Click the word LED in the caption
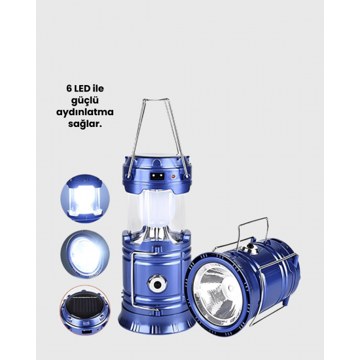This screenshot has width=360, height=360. coord(82,88)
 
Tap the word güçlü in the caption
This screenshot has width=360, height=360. coord(85,101)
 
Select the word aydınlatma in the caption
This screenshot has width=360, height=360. coord(85,113)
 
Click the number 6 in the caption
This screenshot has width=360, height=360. coord(69,88)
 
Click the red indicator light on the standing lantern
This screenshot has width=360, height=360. coord(173,177)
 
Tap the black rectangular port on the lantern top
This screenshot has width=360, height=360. coord(158,176)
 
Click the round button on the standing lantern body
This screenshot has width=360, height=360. coord(157,284)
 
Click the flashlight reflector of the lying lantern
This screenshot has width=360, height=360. coord(215,293)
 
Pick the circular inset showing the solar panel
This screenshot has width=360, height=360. coord(85,310)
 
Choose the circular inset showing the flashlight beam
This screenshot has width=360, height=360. coord(85,255)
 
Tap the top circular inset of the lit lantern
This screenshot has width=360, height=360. coord(85,198)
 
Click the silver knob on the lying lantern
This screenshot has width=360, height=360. coord(250,248)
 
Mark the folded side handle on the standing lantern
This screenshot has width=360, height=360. coord(134,281)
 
